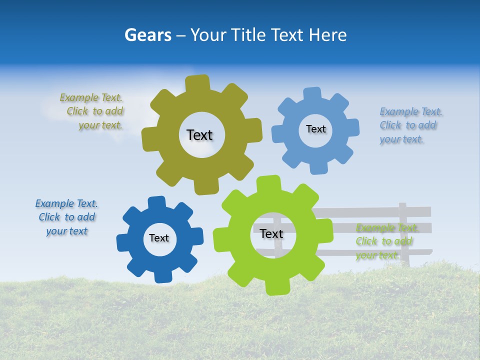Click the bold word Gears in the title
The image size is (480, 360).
point(147,35)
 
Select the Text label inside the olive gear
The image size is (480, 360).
point(199,135)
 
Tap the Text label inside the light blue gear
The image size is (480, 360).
point(315,129)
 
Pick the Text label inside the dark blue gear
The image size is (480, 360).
point(159,238)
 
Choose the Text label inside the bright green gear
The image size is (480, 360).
point(271,233)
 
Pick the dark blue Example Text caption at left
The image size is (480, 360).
point(66,217)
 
